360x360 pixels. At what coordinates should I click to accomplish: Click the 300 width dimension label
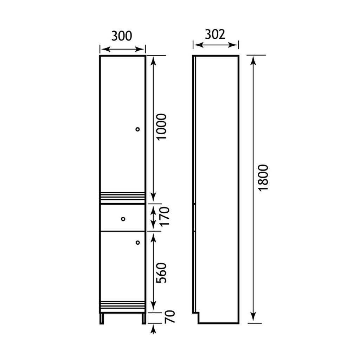[x=122, y=36]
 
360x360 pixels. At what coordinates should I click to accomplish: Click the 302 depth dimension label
[x=215, y=34]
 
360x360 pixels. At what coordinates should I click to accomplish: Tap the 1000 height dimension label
[x=161, y=126]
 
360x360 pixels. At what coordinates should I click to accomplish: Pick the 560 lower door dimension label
[x=161, y=273]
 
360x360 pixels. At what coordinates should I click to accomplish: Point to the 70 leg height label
[x=170, y=317]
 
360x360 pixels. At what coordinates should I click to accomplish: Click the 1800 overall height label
[x=263, y=178]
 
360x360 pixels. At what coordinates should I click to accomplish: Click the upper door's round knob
[x=137, y=129]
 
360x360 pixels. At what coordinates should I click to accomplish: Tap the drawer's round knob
[x=123, y=219]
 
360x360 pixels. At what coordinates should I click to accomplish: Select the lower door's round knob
[x=137, y=243]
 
